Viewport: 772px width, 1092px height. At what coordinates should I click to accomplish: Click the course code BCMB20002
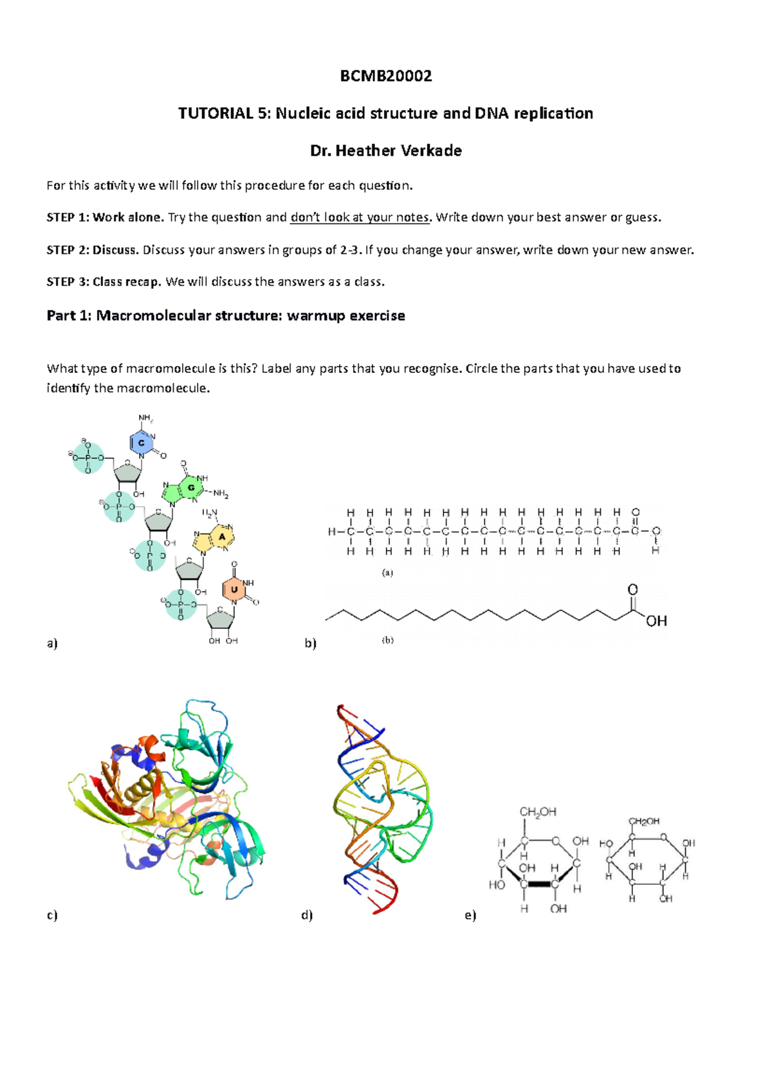tap(386, 77)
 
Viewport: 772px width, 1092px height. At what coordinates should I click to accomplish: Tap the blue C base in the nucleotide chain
tap(142, 442)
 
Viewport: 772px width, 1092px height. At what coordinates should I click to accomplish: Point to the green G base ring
tap(190, 487)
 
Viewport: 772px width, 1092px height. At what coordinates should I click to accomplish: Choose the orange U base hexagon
tap(234, 589)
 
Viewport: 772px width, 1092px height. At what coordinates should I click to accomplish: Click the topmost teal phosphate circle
tap(88, 458)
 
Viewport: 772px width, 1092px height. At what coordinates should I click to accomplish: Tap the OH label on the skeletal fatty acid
tap(656, 621)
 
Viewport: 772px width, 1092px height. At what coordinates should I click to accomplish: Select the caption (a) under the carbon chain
tap(387, 572)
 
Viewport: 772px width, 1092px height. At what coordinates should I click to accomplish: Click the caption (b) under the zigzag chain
tap(387, 641)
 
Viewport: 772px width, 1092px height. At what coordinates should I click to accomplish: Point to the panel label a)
tap(52, 643)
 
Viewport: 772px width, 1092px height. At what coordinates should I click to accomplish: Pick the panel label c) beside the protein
tap(52, 915)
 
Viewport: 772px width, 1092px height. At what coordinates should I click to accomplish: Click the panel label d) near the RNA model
tap(307, 915)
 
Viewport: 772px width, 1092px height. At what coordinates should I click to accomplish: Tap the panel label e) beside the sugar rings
tap(470, 915)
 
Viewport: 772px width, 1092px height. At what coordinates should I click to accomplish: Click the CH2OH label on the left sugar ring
tap(538, 812)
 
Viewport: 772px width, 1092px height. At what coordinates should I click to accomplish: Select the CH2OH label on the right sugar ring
tap(644, 821)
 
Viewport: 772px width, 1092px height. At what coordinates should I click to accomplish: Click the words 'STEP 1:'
tap(68, 217)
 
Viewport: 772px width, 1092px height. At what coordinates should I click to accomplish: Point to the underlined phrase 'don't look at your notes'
tap(359, 217)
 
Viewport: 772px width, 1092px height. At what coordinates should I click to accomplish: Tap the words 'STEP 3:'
tap(68, 282)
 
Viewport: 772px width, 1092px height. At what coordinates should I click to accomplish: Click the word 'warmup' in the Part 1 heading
tap(316, 316)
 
